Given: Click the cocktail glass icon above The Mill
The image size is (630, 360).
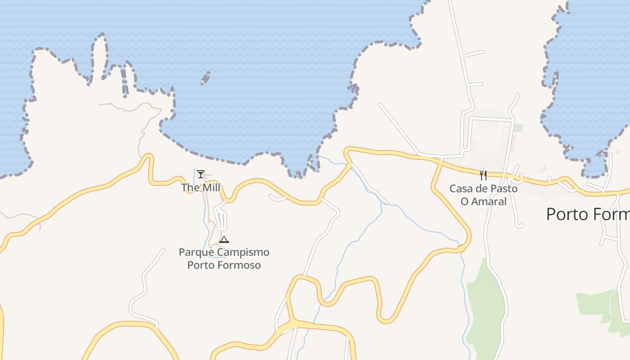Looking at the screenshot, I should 201,174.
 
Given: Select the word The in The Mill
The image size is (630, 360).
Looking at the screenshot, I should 190,188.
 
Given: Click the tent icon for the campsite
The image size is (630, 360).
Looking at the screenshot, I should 224,239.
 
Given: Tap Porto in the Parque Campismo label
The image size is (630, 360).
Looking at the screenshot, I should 201,265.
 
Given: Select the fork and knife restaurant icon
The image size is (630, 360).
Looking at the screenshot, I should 483,175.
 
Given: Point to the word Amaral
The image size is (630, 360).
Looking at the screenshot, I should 489,201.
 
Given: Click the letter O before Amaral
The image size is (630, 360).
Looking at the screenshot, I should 465,201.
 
